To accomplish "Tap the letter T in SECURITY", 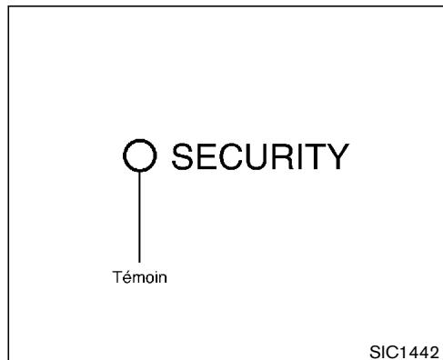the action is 310,158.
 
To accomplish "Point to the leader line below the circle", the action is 139,218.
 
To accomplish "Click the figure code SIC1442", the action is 399,349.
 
